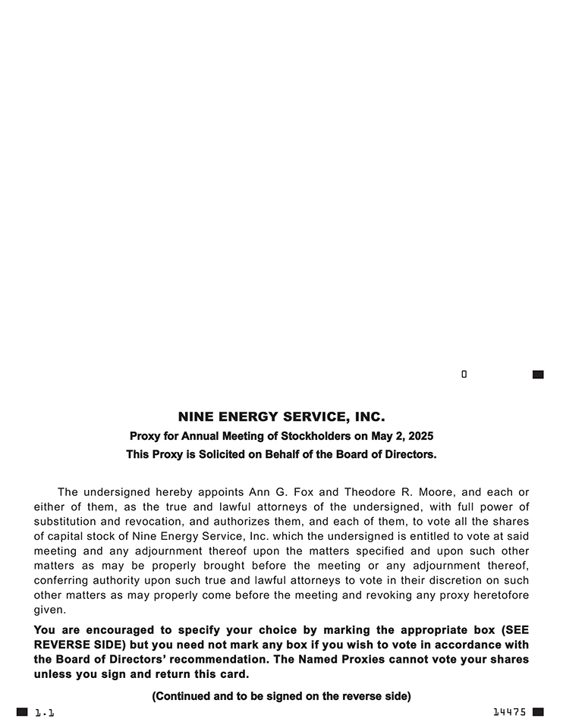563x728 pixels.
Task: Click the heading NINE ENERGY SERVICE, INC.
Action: click(x=281, y=417)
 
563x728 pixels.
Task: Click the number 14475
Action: click(x=509, y=712)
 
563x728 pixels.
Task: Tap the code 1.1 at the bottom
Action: click(x=45, y=713)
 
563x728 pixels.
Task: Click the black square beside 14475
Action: click(x=538, y=712)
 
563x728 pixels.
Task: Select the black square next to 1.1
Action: click(x=22, y=712)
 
